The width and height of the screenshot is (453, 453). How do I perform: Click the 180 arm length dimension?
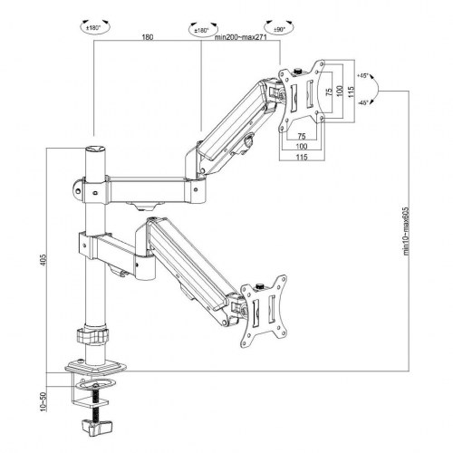tap(146, 38)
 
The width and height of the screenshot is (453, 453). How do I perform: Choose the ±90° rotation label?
tap(273, 27)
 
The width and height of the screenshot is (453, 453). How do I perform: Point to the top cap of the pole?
tap(92, 145)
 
